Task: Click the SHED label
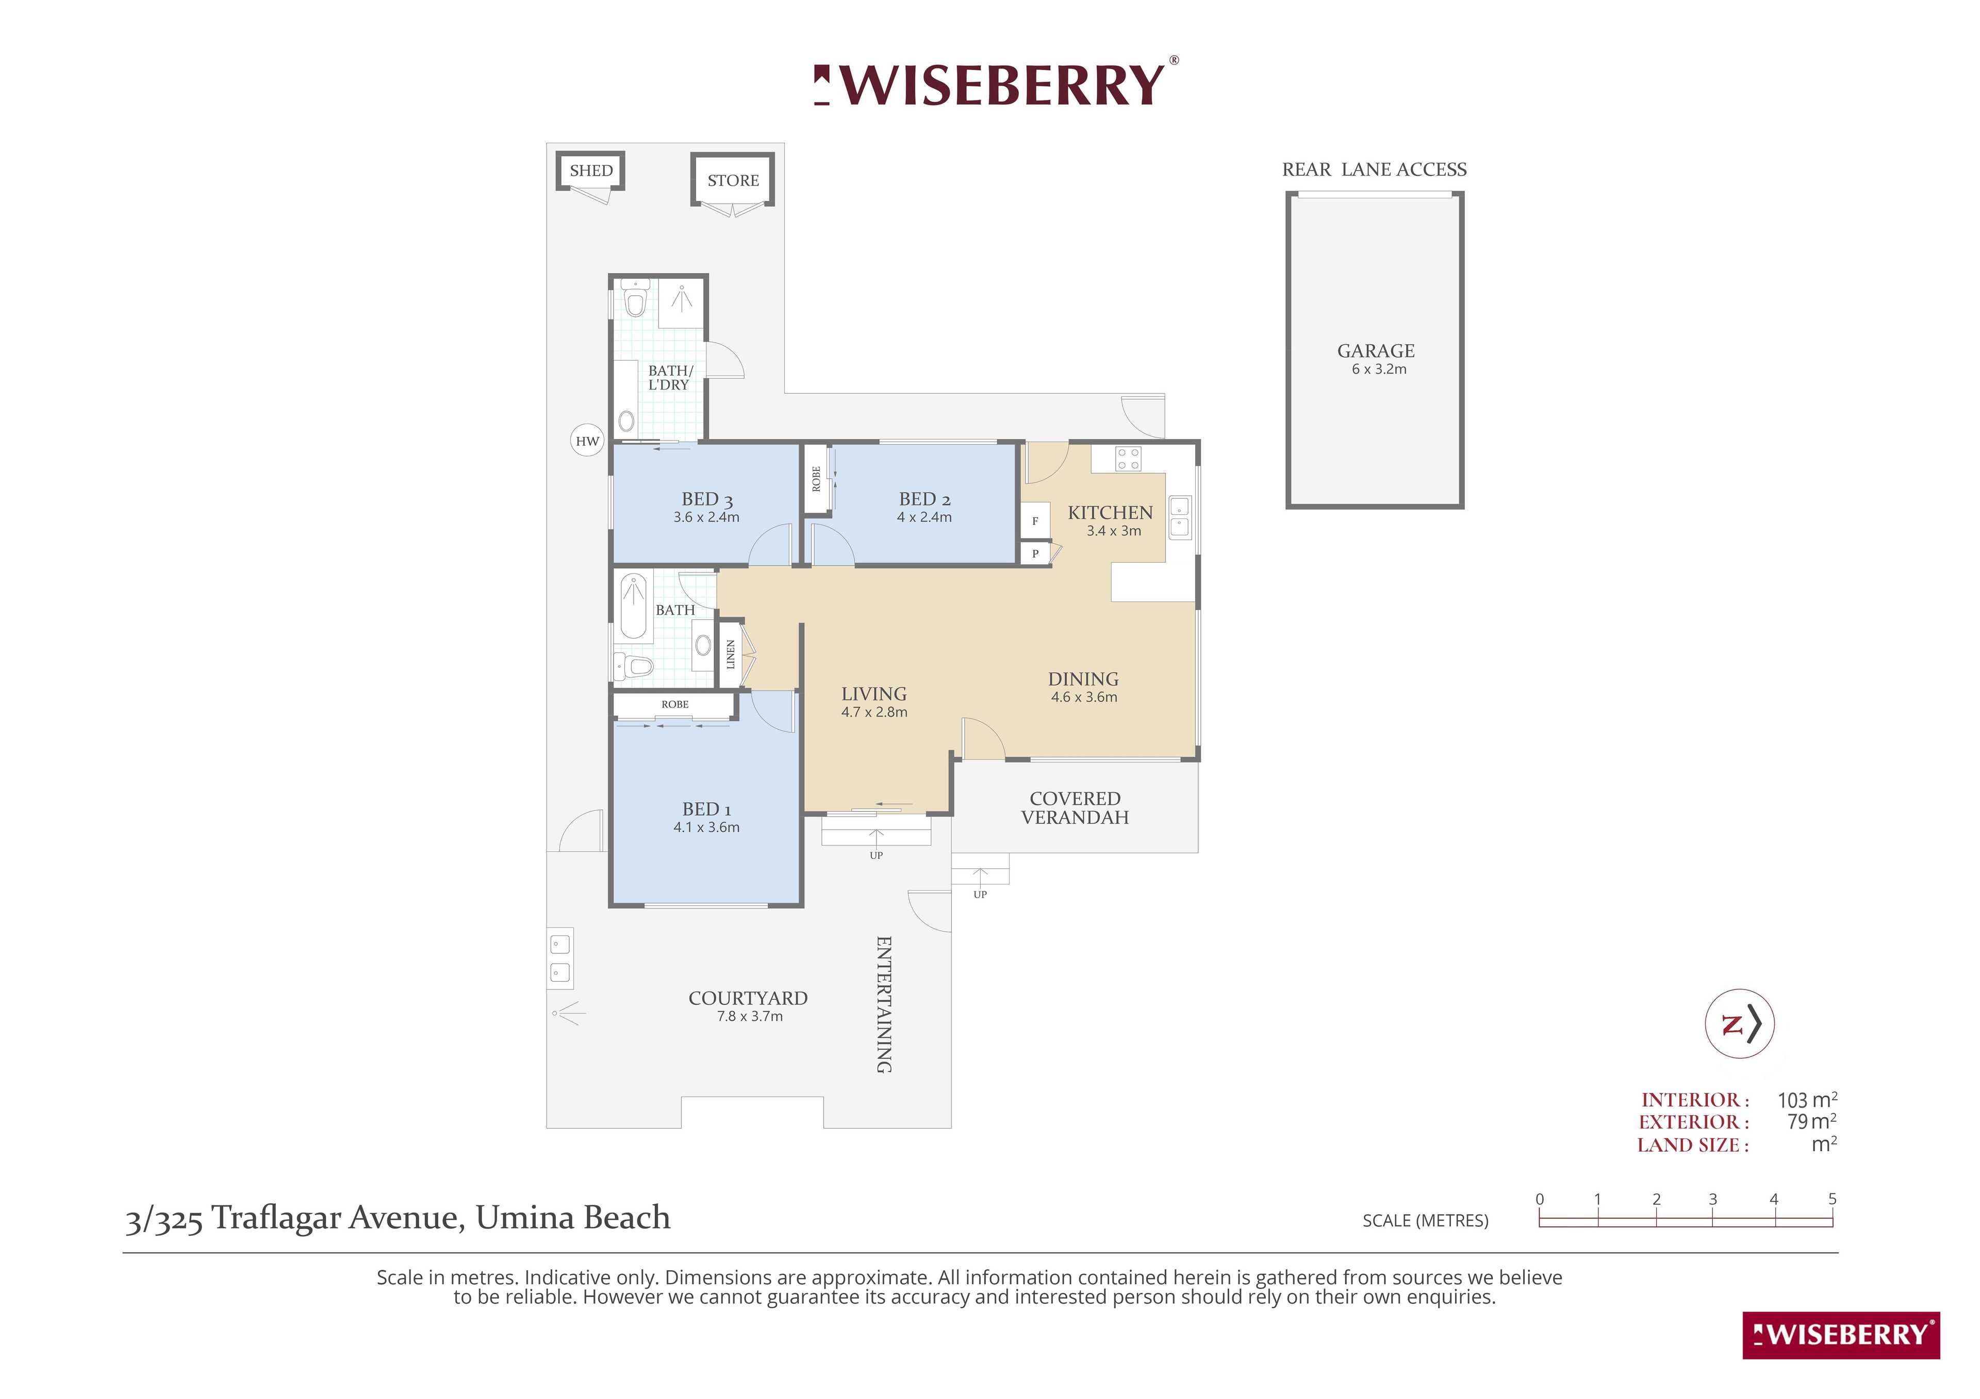pyautogui.click(x=591, y=171)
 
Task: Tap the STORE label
pyautogui.click(x=733, y=180)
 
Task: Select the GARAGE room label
pyautogui.click(x=1376, y=351)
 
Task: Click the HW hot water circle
pyautogui.click(x=587, y=441)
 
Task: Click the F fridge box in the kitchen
pyautogui.click(x=1035, y=520)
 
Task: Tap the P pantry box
pyautogui.click(x=1035, y=553)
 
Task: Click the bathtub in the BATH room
pyautogui.click(x=634, y=606)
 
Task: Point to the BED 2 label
pyautogui.click(x=925, y=499)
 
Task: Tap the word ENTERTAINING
pyautogui.click(x=884, y=1004)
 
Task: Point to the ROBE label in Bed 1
pyautogui.click(x=675, y=704)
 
